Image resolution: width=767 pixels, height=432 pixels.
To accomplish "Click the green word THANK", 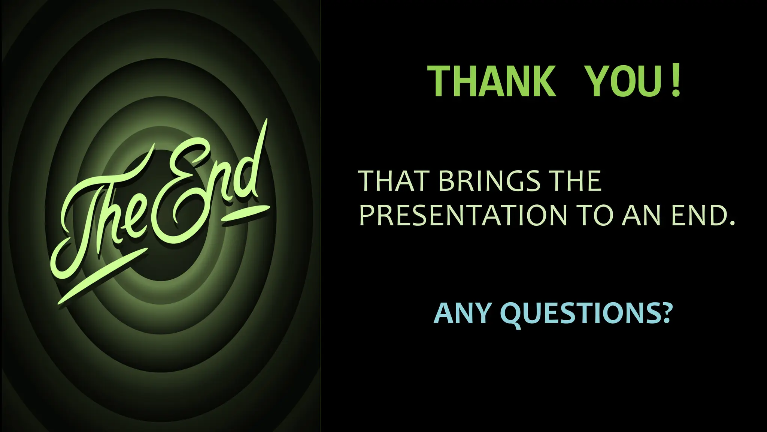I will (x=492, y=82).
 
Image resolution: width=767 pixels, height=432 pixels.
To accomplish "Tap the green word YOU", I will (x=623, y=82).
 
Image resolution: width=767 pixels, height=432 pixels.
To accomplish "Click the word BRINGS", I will (x=489, y=181).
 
